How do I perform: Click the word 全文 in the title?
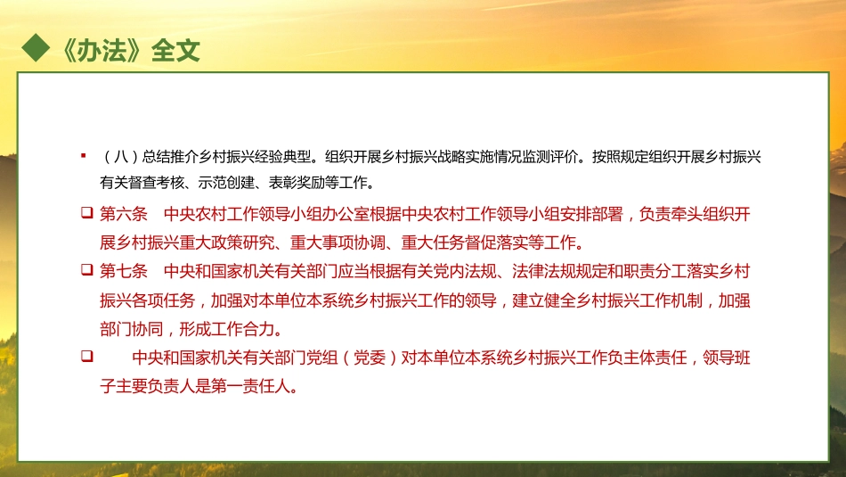(x=175, y=50)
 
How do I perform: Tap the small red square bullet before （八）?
(x=83, y=156)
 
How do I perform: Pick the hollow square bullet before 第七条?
(x=86, y=268)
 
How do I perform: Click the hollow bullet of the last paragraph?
(x=86, y=357)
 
